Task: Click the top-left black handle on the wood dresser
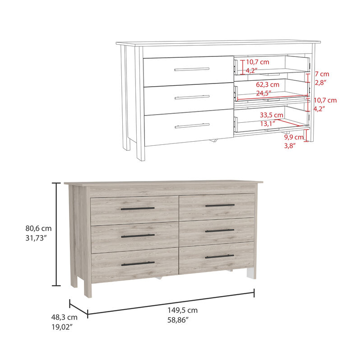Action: tap(138, 208)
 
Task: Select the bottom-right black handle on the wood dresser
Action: tap(220, 256)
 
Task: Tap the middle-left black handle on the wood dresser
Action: tap(138, 236)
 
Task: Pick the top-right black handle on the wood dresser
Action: tap(220, 205)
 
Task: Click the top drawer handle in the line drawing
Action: tap(192, 69)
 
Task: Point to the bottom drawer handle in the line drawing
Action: tap(192, 125)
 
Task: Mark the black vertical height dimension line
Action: tap(56, 234)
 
